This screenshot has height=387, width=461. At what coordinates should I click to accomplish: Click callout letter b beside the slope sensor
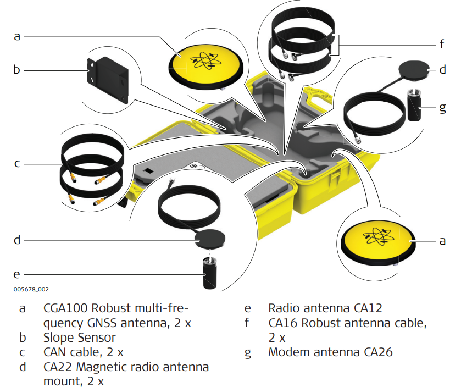[17, 70]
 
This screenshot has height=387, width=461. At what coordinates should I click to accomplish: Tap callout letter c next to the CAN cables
[17, 163]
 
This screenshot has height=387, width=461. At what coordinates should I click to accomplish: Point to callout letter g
[443, 107]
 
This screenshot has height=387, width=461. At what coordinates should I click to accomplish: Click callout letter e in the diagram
[17, 273]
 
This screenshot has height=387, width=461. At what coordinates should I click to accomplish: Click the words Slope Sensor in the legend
[80, 337]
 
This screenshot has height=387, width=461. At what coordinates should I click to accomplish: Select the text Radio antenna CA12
[325, 308]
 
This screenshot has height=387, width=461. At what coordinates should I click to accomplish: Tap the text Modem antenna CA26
[330, 352]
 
